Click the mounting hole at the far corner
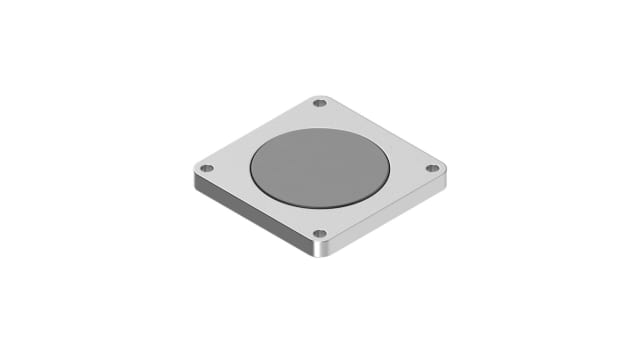(x=320, y=102)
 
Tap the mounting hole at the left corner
(x=207, y=168)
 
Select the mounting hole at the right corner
(x=432, y=168)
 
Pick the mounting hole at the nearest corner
(x=319, y=234)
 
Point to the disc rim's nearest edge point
(x=319, y=208)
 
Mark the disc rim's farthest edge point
(x=319, y=128)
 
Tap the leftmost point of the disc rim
(x=250, y=168)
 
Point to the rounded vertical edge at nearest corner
(x=319, y=251)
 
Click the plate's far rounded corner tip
(x=320, y=95)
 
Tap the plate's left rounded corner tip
(x=193, y=169)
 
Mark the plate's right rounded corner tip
(x=446, y=169)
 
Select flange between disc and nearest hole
(x=319, y=221)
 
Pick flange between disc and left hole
(x=228, y=168)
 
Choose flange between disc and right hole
(x=410, y=168)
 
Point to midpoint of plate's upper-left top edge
(x=255, y=133)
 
